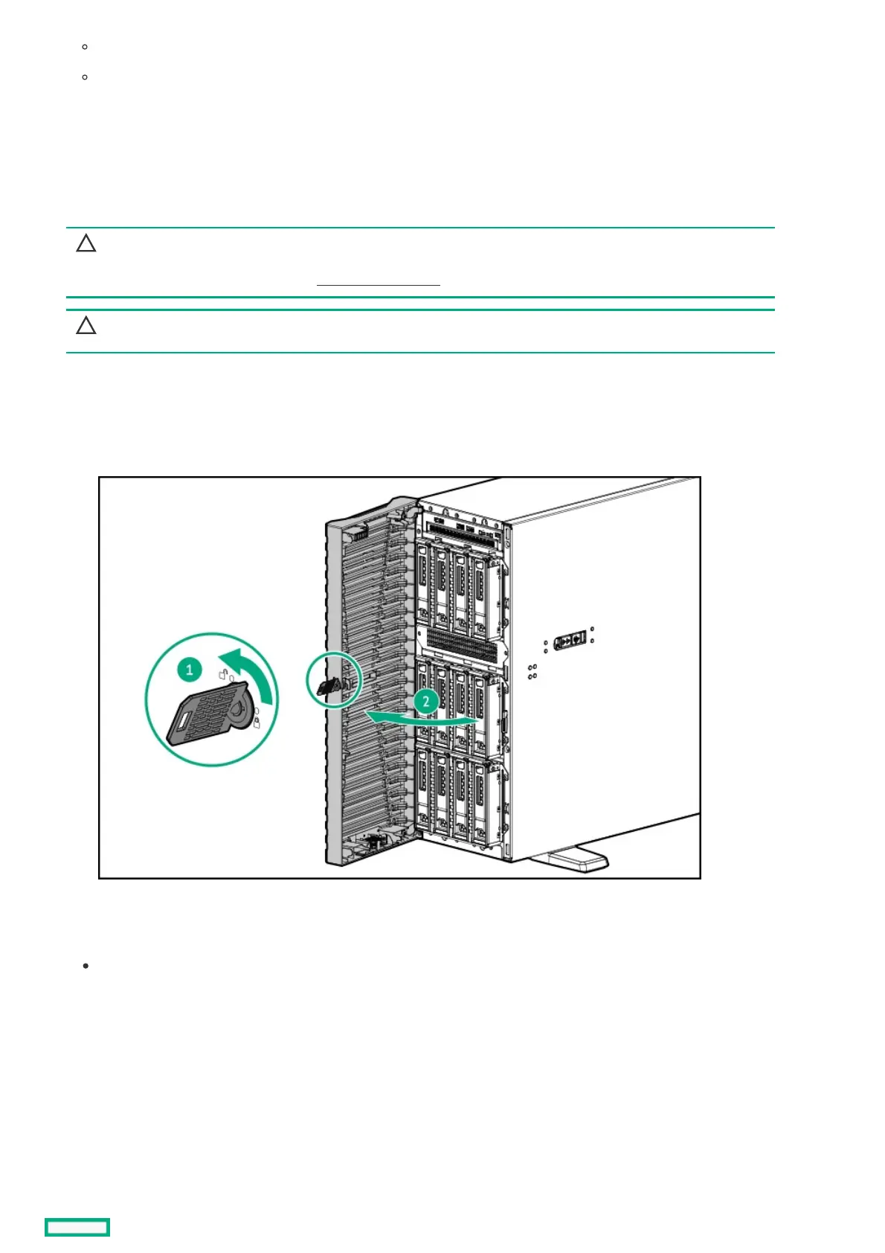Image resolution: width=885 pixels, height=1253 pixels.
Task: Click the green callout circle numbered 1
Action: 190,670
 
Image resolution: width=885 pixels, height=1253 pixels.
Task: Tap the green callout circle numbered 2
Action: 426,701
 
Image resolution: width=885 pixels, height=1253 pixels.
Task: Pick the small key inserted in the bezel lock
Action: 328,686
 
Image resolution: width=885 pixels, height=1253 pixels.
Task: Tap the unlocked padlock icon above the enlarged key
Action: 222,674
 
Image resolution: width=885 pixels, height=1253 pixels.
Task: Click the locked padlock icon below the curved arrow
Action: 257,722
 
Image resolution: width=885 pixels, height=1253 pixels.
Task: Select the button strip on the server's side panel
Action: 570,638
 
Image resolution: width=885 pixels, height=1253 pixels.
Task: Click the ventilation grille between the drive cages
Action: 461,646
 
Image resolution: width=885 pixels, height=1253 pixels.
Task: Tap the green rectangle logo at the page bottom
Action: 77,1227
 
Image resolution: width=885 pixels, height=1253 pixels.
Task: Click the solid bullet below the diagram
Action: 86,966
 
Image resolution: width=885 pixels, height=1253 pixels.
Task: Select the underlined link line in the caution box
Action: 379,284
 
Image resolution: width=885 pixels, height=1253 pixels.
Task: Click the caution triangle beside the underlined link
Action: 86,243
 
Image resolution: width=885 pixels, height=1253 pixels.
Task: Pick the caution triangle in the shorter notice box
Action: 86,325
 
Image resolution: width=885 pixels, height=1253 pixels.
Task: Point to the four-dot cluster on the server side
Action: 532,672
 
